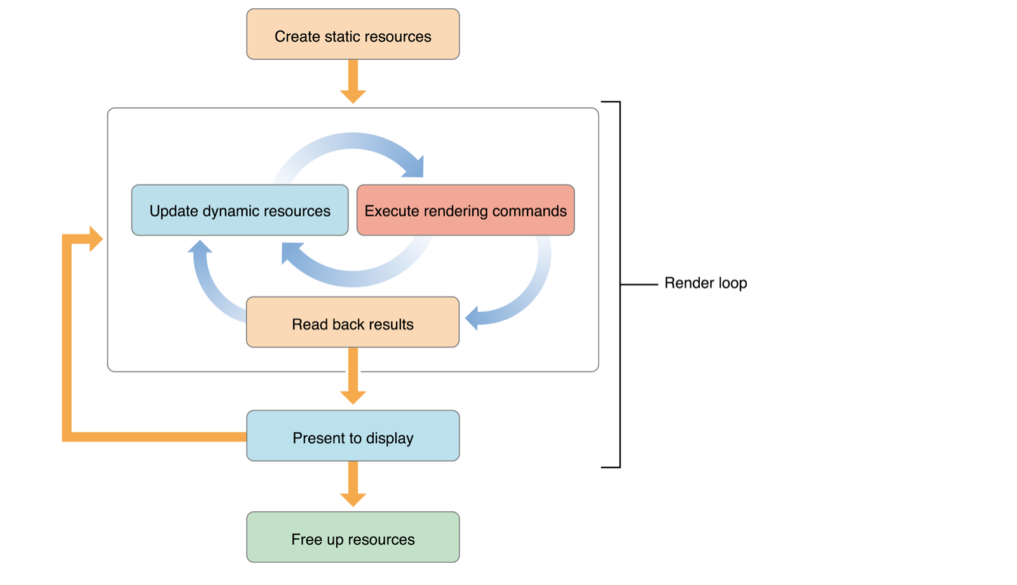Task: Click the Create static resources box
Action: pyautogui.click(x=353, y=34)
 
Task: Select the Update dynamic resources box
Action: pyautogui.click(x=240, y=210)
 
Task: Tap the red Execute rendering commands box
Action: pyautogui.click(x=465, y=210)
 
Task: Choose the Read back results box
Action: pyautogui.click(x=353, y=322)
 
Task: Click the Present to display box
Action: pyautogui.click(x=353, y=436)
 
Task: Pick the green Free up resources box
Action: pyautogui.click(x=353, y=537)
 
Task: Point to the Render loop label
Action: pyautogui.click(x=706, y=283)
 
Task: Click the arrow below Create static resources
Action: pyautogui.click(x=353, y=83)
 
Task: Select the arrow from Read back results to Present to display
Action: pyautogui.click(x=353, y=378)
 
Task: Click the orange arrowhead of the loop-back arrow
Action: pyautogui.click(x=95, y=239)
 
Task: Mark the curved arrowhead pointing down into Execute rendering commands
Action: pyautogui.click(x=413, y=167)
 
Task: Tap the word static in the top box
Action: pyautogui.click(x=343, y=37)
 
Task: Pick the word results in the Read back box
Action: pyautogui.click(x=392, y=324)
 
